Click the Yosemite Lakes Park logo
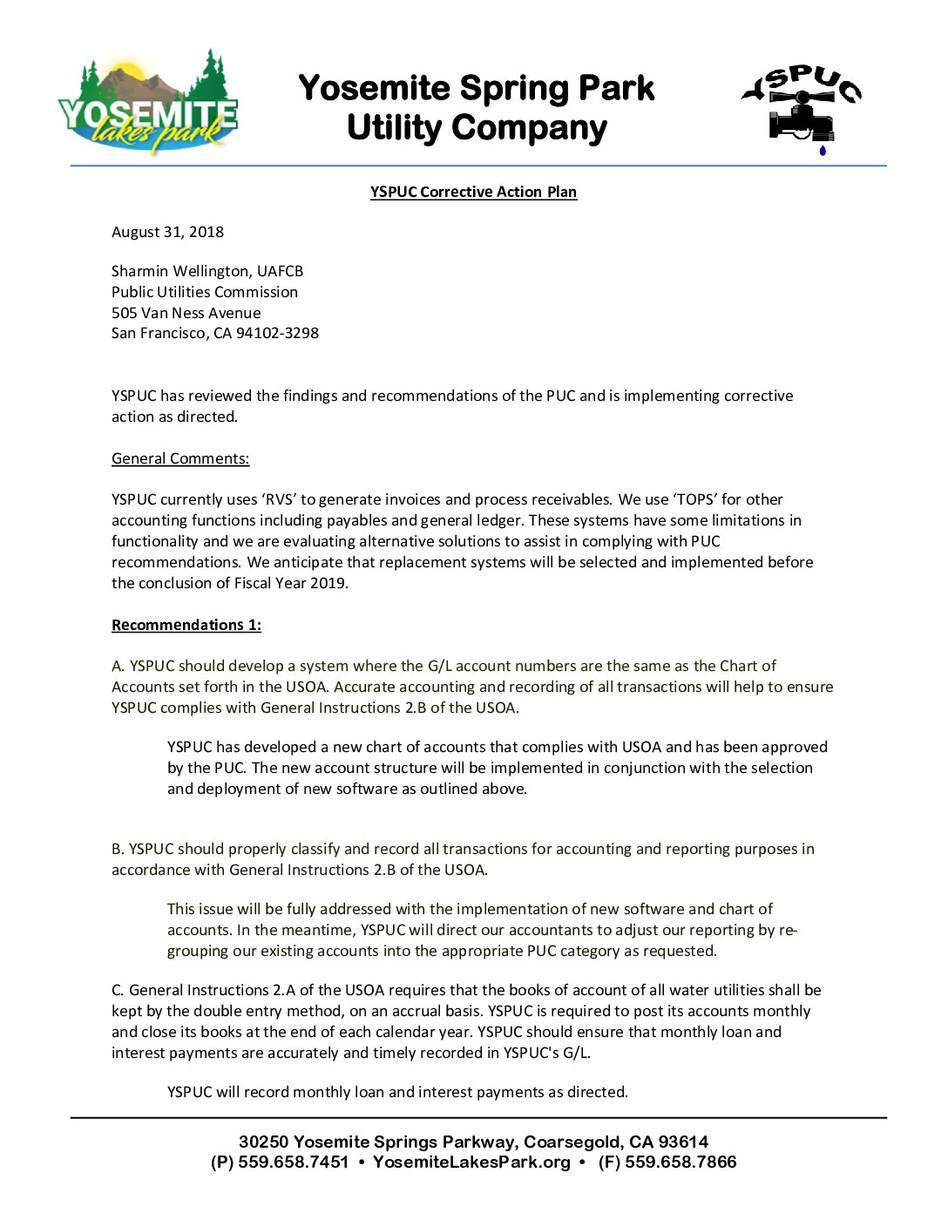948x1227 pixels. [148, 103]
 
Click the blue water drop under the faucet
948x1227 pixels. [822, 151]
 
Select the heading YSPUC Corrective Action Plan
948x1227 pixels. [473, 192]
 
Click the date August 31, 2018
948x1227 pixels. [167, 232]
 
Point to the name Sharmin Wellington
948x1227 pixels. [180, 271]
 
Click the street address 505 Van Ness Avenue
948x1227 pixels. [186, 313]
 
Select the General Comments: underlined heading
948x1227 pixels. [180, 458]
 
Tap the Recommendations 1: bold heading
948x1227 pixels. [186, 625]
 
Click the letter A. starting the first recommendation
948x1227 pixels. [118, 666]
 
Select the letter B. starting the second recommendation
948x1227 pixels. [118, 849]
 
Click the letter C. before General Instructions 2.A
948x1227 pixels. [118, 990]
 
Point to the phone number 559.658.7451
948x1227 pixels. [293, 1163]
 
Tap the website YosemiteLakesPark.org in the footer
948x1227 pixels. [471, 1163]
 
